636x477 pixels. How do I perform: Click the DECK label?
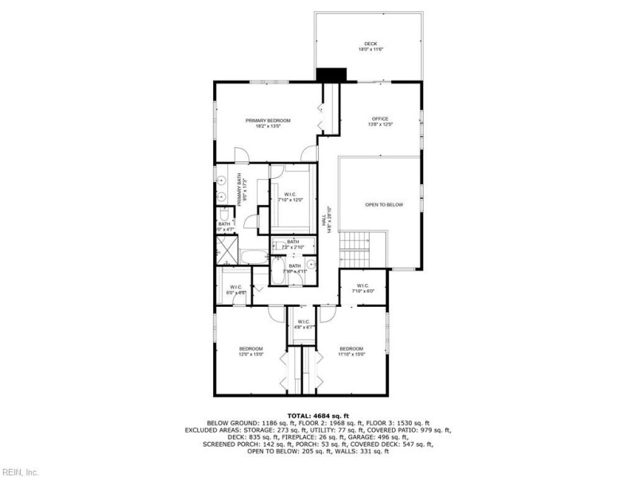pyautogui.click(x=370, y=45)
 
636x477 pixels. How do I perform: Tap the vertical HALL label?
pyautogui.click(x=324, y=219)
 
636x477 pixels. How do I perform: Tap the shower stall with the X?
pyautogui.click(x=226, y=251)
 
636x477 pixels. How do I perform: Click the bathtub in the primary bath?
pyautogui.click(x=255, y=256)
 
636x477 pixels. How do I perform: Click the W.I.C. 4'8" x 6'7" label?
pyautogui.click(x=305, y=324)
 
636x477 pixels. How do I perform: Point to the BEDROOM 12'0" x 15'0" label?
pyautogui.click(x=251, y=351)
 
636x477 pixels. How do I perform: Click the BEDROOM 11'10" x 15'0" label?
pyautogui.click(x=351, y=351)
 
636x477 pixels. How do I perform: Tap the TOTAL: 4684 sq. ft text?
pyautogui.click(x=317, y=415)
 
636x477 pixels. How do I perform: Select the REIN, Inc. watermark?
pyautogui.click(x=19, y=471)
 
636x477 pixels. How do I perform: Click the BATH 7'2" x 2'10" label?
pyautogui.click(x=293, y=244)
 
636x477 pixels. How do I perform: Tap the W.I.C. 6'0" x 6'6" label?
pyautogui.click(x=236, y=289)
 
